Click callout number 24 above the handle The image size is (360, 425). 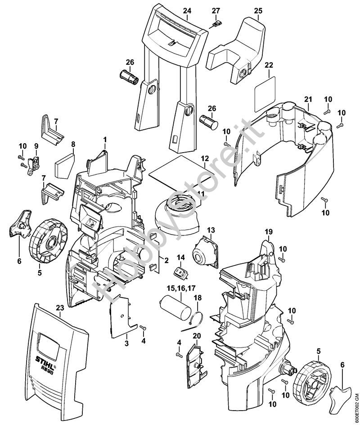(187, 10)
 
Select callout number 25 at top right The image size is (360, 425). (258, 10)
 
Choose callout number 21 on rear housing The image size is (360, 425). (308, 99)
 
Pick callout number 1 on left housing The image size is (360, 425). (104, 140)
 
